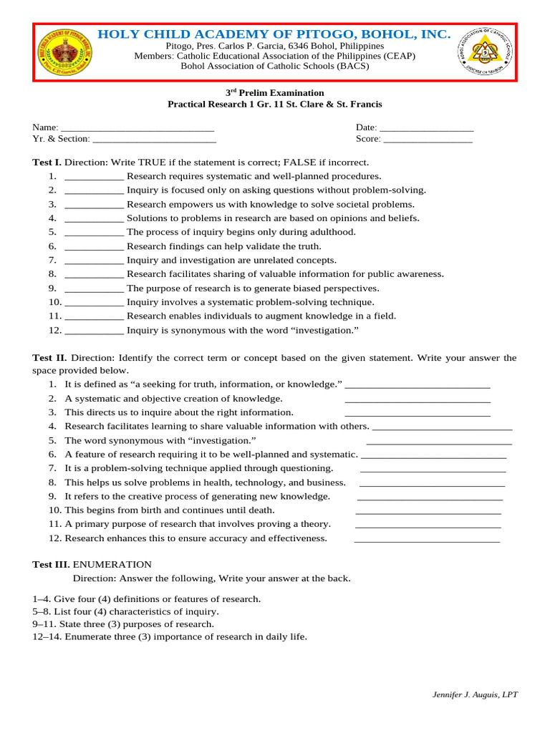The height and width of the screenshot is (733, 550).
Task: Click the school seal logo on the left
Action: [64, 52]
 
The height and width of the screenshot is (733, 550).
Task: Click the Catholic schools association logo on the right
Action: [485, 52]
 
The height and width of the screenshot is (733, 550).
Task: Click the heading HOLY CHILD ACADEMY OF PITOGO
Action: [274, 34]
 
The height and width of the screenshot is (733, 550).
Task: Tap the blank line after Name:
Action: [137, 127]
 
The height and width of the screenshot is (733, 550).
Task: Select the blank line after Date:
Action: [427, 127]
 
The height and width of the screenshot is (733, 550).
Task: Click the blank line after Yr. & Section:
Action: [154, 139]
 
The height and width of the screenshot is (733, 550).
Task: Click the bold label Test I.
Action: [47, 162]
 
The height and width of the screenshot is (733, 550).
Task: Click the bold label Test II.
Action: [49, 358]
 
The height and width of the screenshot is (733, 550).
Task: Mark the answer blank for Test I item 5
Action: [94, 233]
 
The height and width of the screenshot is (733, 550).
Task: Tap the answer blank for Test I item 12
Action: [94, 331]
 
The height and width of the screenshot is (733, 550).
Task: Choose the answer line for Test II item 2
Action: [418, 399]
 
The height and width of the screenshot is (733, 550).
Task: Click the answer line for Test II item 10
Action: [428, 510]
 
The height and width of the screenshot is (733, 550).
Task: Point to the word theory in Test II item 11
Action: [317, 524]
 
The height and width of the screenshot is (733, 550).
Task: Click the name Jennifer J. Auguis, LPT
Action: [475, 694]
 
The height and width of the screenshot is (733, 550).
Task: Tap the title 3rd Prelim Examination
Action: [275, 93]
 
